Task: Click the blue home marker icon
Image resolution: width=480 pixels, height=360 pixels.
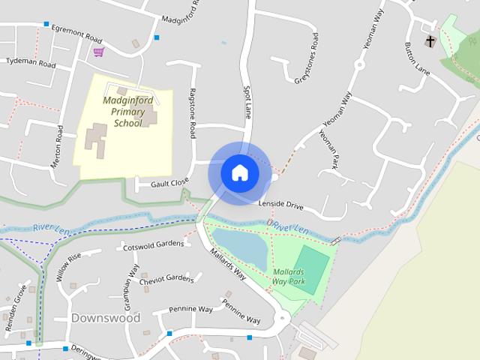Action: (x=239, y=172)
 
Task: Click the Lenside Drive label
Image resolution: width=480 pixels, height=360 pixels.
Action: (x=280, y=204)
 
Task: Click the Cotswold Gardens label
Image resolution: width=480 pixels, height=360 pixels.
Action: (x=154, y=244)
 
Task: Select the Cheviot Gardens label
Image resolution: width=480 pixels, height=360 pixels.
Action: (x=166, y=278)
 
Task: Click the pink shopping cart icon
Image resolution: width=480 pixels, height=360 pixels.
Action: (x=99, y=52)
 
